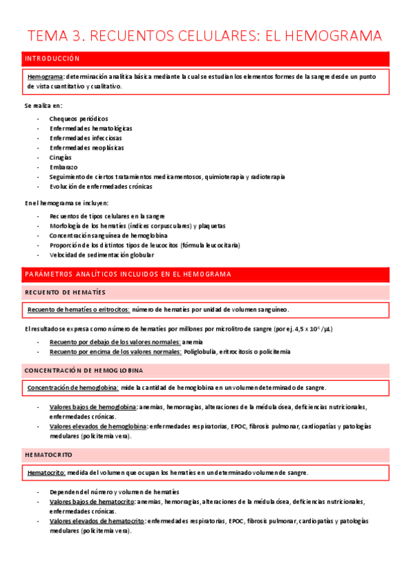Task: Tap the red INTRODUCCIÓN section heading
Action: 52,59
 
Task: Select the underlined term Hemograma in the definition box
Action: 45,76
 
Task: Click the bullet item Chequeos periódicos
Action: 78,119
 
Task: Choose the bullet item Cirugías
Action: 60,157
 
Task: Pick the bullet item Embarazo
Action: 63,167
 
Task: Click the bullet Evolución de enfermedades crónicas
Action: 101,186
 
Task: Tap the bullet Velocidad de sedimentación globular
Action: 102,255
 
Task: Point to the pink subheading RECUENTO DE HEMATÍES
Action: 65,292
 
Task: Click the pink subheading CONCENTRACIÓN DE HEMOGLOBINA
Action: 84,371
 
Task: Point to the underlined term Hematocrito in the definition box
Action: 46,473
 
